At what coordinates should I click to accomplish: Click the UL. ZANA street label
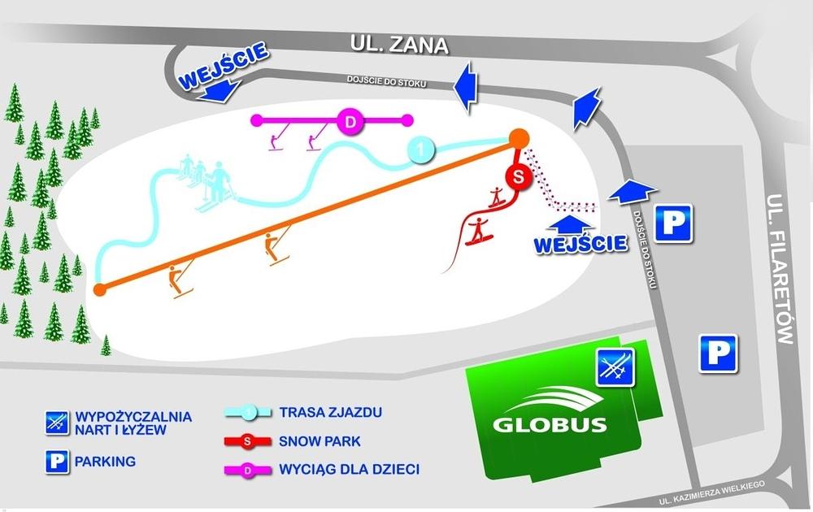[x=399, y=45]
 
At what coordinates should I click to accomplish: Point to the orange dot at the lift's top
[x=519, y=138]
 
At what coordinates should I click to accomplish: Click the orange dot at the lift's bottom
[x=100, y=289]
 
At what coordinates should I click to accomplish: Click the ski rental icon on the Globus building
[x=615, y=367]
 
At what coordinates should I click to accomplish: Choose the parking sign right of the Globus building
[x=718, y=354]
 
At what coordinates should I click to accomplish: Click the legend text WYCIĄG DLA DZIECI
[x=349, y=470]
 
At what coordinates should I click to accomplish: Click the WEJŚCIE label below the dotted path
[x=580, y=242]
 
